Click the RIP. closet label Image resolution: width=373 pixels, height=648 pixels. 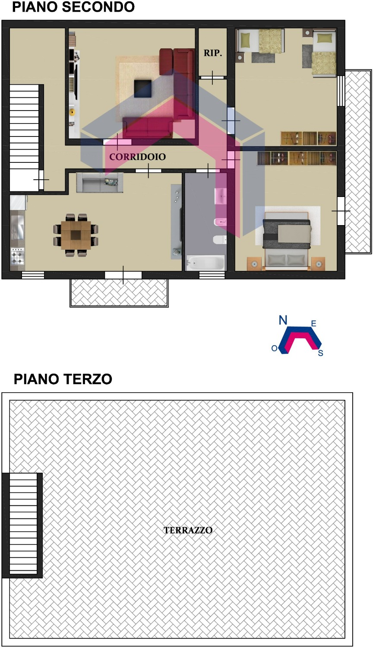tap(212, 53)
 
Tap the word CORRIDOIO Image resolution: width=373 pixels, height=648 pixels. tap(137, 156)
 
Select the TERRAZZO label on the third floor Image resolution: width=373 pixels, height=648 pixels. tap(188, 530)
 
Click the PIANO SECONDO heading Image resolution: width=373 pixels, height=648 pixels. tap(73, 7)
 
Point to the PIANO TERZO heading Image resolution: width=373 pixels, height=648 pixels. tap(63, 379)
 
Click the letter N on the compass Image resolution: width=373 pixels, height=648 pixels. tap(283, 320)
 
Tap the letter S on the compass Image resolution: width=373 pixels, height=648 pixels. tap(320, 353)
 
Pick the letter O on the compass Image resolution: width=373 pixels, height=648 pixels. tap(275, 348)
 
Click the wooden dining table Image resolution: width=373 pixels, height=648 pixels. tap(76, 235)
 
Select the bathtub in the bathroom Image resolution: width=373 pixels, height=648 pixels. tap(205, 263)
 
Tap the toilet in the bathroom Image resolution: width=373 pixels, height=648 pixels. tap(220, 239)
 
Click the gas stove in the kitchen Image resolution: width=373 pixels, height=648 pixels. tap(17, 256)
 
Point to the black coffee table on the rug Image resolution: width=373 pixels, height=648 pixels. tap(143, 89)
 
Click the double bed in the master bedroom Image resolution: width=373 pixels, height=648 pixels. tap(287, 241)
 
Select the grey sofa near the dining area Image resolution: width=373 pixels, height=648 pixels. tap(100, 183)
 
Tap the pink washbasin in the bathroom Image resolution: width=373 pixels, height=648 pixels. tap(221, 196)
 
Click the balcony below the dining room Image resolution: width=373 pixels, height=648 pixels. tap(119, 292)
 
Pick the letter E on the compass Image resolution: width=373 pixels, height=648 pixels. tap(313, 324)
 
